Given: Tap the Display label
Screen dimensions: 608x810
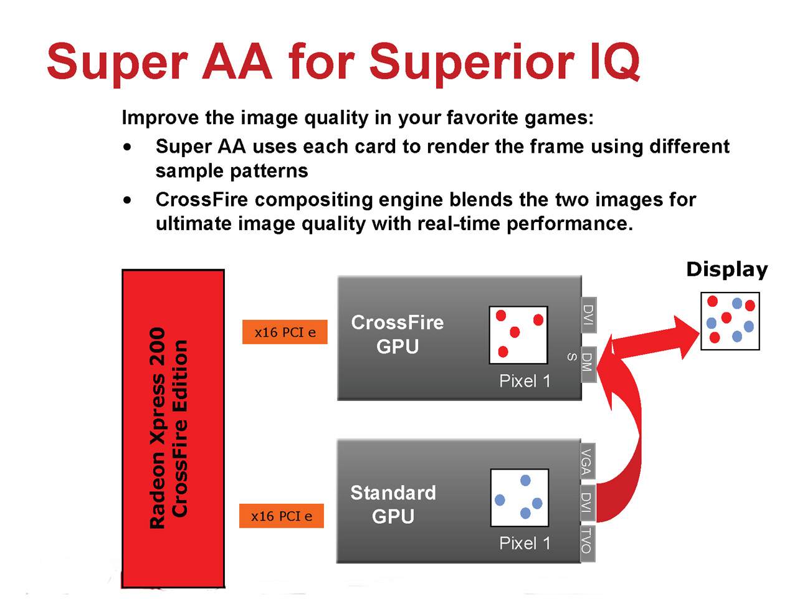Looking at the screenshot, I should click(727, 269).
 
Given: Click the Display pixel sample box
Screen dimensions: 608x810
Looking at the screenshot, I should click(730, 321).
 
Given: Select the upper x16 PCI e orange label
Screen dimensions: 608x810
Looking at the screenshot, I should click(285, 332).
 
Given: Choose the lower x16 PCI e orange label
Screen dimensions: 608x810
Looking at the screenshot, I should click(282, 516).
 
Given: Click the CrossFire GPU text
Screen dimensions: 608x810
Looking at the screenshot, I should click(398, 334).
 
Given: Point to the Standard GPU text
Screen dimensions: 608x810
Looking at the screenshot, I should click(393, 504).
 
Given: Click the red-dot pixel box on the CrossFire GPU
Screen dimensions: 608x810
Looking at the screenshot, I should click(518, 335).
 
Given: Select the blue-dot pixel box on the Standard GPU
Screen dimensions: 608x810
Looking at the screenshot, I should click(520, 498).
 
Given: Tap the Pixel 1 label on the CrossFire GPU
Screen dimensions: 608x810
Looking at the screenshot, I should click(525, 381).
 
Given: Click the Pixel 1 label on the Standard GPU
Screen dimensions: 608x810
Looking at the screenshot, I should click(525, 543).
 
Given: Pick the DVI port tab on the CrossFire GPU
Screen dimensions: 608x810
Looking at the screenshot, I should click(588, 315).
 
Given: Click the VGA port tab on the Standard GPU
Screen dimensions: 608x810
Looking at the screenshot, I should click(587, 462).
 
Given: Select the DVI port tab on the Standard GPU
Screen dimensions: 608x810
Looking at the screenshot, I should click(587, 503).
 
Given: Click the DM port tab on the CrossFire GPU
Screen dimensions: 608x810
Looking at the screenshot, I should click(588, 363).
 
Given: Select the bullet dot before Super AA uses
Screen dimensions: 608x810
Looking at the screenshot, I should click(128, 147).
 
